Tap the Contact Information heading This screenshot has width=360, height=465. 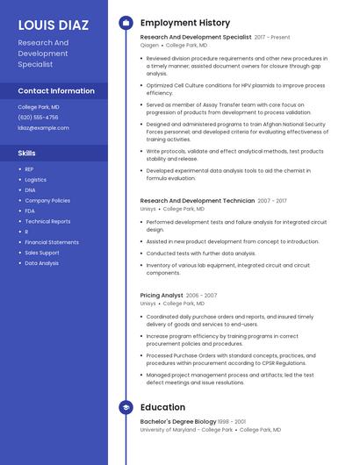click(x=56, y=90)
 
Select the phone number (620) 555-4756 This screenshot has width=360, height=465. click(x=38, y=117)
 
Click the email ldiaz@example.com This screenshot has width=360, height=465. click(x=43, y=127)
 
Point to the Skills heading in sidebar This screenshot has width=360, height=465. click(x=27, y=154)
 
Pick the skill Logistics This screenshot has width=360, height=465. click(x=35, y=179)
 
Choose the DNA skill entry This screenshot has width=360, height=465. click(x=30, y=190)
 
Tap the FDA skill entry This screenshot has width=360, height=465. click(x=30, y=211)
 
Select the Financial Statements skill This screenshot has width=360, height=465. click(x=51, y=242)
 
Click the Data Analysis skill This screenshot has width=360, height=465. click(x=41, y=263)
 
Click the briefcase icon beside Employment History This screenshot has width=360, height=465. click(x=126, y=23)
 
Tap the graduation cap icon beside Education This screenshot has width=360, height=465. click(x=126, y=407)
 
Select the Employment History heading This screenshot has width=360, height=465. click(x=184, y=23)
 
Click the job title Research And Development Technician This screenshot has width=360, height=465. click(x=198, y=201)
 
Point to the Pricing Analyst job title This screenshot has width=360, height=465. click(x=162, y=296)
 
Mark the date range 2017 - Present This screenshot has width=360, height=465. click(x=272, y=38)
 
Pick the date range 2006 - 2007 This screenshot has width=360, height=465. click(x=201, y=296)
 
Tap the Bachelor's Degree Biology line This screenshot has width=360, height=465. click(x=178, y=422)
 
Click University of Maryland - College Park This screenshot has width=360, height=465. click(x=186, y=430)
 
